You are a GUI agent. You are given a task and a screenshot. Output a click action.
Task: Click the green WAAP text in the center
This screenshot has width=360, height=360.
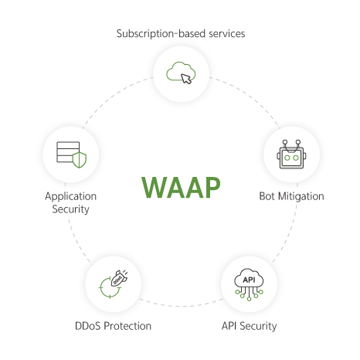pos(181,187)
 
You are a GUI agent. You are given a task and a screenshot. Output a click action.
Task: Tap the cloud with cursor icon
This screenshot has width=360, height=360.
pos(181,73)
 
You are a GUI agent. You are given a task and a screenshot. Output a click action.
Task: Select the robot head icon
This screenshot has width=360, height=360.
pos(291,155)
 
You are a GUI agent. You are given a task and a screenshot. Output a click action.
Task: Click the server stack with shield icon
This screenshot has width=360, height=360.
pos(71,155)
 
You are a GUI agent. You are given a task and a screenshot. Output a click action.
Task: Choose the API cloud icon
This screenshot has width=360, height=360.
pos(249,284)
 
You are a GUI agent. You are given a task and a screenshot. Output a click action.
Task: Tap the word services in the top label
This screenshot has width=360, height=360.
pos(227,34)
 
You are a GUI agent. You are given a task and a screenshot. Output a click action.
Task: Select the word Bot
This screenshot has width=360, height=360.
pos(267,196)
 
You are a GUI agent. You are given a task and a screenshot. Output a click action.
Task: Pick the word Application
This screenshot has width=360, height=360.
pos(71,197)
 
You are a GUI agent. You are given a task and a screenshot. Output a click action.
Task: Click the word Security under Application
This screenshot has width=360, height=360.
pos(71,209)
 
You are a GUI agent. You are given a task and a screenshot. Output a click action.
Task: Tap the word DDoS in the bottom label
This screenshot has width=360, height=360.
pos(88,326)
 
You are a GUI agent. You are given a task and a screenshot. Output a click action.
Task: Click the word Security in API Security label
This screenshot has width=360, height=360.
pos(258,326)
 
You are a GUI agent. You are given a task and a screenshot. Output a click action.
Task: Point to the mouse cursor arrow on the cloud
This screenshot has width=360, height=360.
pos(186,79)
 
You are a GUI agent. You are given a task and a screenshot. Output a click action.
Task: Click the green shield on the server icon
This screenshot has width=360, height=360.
pos(80,160)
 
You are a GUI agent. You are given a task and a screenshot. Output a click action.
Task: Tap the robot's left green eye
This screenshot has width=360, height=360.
pos(287,158)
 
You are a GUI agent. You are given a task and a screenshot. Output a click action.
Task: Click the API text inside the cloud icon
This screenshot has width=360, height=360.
pos(249,280)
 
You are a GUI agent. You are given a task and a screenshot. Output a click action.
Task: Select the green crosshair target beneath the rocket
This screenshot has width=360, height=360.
pos(110,288)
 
